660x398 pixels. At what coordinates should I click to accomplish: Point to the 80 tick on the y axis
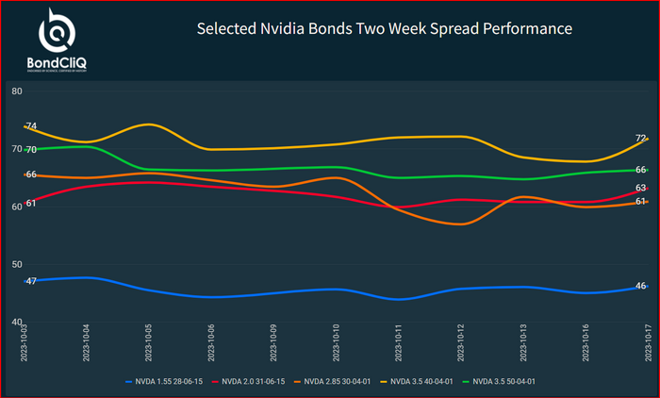pos(17,91)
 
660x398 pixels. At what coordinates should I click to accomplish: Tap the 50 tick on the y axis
pos(17,265)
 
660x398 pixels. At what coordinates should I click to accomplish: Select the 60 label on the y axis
pos(17,207)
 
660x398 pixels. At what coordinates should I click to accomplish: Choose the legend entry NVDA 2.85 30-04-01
pos(343,381)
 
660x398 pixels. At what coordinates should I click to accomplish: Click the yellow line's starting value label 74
pos(31,126)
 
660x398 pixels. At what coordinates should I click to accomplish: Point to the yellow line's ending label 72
pos(640,139)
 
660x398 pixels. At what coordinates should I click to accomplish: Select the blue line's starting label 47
pos(31,281)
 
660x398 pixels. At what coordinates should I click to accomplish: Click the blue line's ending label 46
pos(640,286)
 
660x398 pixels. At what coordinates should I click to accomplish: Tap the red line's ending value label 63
pos(640,189)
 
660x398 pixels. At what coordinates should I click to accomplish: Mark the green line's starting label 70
pos(31,150)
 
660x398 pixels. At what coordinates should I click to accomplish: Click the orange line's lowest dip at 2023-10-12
pos(460,224)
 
